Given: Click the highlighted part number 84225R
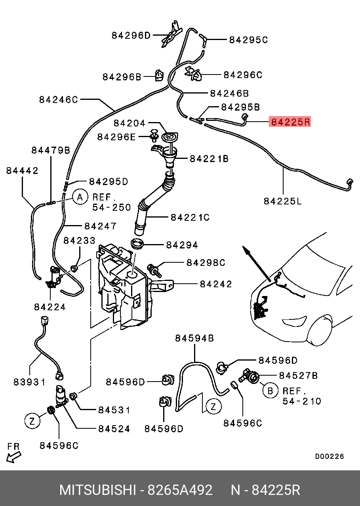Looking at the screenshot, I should coord(290,122).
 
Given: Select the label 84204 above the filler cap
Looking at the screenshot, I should coord(130,123).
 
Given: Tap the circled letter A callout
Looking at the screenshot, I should coord(80,197).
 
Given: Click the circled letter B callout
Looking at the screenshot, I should coord(270,391).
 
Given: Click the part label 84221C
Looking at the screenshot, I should coord(190,218).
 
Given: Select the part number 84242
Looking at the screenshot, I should coord(216,284).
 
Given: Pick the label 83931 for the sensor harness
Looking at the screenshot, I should coord(29,382).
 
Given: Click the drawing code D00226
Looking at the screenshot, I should coord(329,456).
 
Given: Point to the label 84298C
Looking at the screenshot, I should coord(206,263).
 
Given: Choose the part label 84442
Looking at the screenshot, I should coord(22,171).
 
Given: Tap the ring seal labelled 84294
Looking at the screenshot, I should coord(137,244).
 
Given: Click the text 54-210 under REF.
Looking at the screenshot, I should coord(301,401).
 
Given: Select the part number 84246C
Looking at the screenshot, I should coord(58,99).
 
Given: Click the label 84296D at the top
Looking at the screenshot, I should coord(131,35).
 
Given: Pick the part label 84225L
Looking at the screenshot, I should coord(283,201).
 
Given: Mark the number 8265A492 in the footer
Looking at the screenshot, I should coord(180,490).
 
